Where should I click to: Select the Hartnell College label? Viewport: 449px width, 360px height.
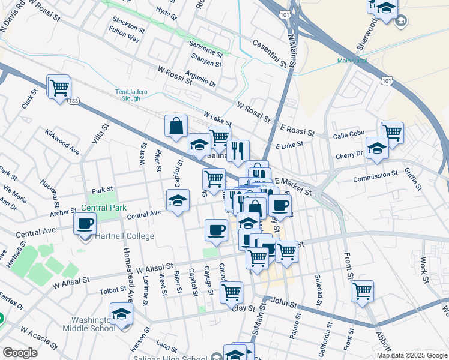coord(122,236)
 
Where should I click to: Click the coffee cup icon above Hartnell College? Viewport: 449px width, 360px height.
coord(85,223)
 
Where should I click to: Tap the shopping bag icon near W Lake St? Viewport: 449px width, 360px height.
coord(176,126)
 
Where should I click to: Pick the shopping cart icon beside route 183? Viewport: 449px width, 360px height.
coord(59,88)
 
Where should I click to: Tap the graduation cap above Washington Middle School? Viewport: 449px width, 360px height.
coord(122,314)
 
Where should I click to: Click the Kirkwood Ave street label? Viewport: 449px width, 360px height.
coord(62,141)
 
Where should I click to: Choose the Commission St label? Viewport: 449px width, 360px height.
coord(375,178)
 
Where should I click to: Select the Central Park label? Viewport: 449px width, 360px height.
coord(100,209)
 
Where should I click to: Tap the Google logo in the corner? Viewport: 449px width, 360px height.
coord(20,353)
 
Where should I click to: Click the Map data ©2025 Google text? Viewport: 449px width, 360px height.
coord(411,355)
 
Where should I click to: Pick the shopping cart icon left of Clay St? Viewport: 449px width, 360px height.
coord(231,292)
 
